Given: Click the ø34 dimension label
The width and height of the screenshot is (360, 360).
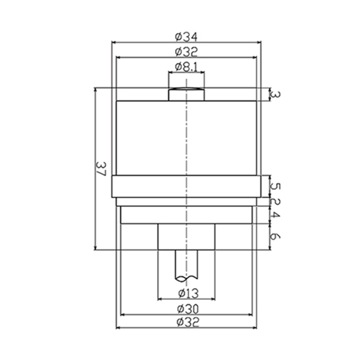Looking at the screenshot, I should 186,36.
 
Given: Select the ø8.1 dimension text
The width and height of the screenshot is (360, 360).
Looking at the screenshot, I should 186,67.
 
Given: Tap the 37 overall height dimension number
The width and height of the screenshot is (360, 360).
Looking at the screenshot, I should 101,169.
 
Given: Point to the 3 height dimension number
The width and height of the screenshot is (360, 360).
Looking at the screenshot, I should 276,94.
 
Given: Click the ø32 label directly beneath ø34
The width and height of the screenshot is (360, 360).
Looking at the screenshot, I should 186,52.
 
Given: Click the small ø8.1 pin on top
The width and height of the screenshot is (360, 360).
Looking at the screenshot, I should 186,94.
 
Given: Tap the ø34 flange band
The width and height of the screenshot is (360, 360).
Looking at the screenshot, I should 186,186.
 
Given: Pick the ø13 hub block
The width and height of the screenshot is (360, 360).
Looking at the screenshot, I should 186,237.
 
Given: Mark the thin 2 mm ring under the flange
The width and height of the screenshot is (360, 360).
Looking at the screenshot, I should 186,202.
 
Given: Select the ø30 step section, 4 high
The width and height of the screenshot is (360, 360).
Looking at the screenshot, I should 186,215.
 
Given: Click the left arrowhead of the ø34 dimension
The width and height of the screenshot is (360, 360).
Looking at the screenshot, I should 113,42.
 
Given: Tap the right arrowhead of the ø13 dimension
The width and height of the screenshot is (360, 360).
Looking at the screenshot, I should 213,299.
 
